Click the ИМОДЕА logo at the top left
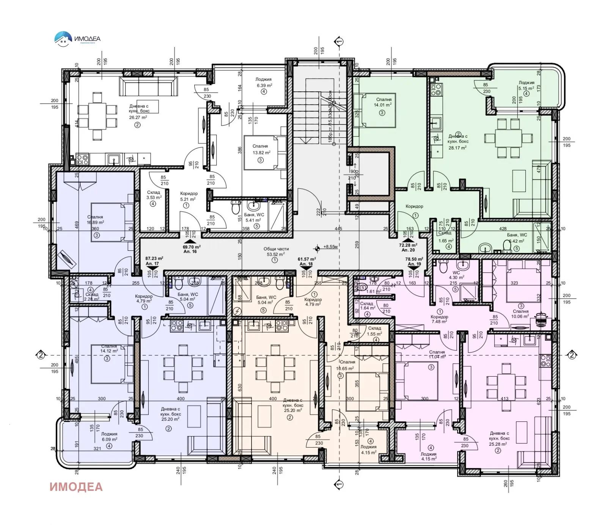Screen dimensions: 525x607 (77, 39)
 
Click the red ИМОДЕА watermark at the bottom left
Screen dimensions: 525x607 (76, 487)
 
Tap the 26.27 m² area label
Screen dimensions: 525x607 (138, 117)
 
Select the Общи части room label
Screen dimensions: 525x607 (276, 249)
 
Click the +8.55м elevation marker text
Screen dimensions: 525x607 (330, 247)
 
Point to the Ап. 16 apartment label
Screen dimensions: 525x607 (190, 251)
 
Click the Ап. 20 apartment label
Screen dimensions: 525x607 (408, 250)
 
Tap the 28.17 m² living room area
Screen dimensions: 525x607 (458, 148)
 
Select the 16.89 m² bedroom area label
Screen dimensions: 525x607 (95, 223)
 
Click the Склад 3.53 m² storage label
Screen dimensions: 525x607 (154, 195)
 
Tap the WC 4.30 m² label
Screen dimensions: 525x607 (456, 275)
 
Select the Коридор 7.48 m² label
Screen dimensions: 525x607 (439, 319)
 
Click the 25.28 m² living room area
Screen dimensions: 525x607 (498, 444)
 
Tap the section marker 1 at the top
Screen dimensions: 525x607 (339, 41)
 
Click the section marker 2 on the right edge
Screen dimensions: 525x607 (572, 355)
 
